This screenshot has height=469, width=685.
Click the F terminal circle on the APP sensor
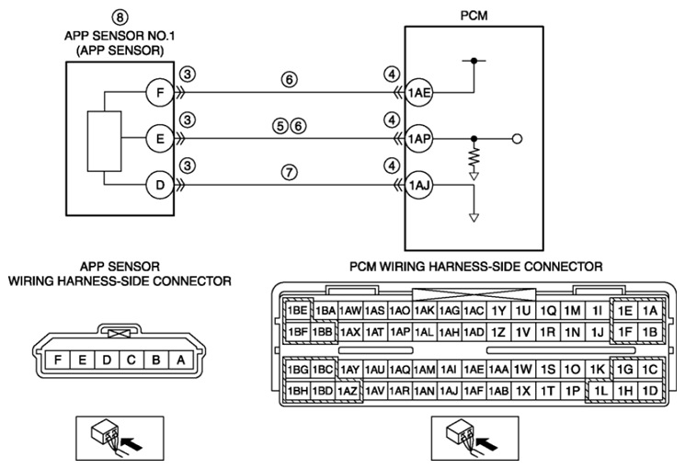coord(160,93)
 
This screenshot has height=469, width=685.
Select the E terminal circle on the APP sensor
coord(160,139)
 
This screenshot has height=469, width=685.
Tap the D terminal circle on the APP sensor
coord(160,186)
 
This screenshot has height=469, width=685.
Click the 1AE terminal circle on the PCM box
coord(419,93)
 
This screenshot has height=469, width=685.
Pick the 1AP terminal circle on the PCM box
coord(419,139)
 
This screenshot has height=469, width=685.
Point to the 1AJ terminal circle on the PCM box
coord(419,186)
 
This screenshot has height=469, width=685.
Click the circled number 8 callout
coord(120,17)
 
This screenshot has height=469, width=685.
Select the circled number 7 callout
coord(290,172)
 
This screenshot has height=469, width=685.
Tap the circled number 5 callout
coord(280,126)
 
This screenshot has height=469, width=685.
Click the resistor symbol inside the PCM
coord(474,157)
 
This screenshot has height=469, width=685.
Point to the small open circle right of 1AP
coord(517,139)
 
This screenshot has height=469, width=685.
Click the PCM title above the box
coord(474,16)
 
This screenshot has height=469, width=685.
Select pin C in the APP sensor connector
coord(131,360)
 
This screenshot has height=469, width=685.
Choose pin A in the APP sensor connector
coord(181,360)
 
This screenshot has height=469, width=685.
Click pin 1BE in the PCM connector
coord(298,311)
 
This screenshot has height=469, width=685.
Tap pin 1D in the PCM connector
coord(650,390)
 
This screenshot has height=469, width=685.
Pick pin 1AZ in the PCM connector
coord(348,390)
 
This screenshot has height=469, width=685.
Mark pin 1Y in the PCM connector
coord(498,311)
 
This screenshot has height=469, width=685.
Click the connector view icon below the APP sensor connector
coord(120,438)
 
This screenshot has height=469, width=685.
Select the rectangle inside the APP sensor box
coord(105,142)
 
